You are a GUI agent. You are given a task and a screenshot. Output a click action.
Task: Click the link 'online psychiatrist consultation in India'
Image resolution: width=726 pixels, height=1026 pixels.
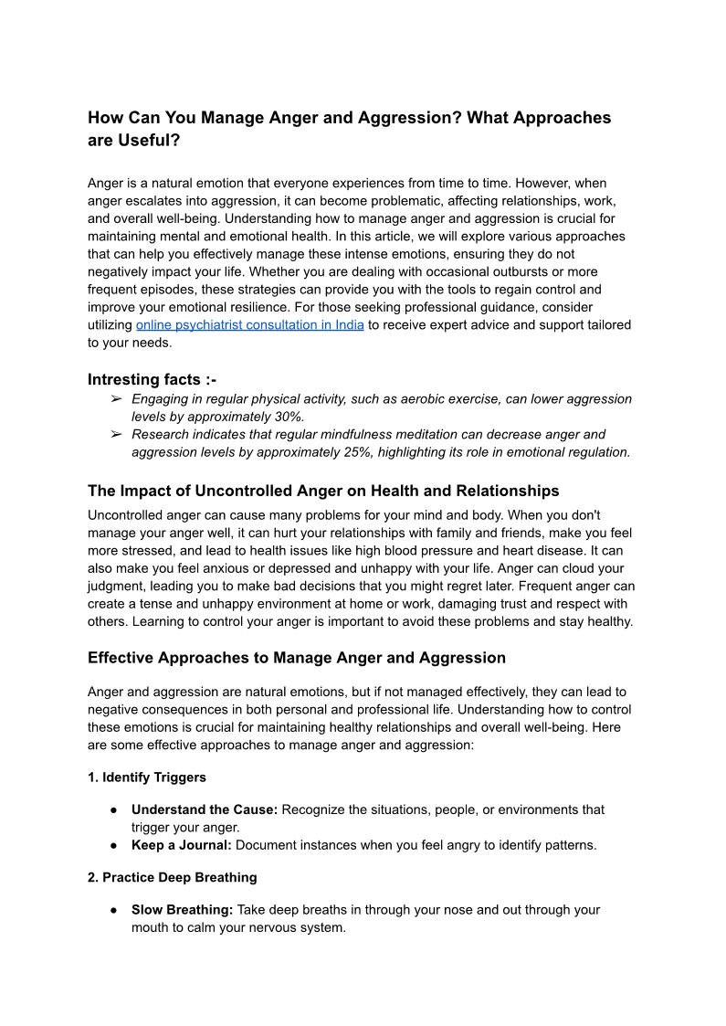pos(250,325)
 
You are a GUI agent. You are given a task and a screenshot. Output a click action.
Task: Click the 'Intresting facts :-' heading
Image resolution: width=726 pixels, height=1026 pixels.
pos(152,379)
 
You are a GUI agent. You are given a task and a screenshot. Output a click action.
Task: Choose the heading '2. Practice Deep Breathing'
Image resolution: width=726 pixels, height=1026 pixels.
pos(173,877)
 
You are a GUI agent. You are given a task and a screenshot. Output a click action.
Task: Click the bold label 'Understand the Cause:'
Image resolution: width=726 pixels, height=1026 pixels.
pos(205,809)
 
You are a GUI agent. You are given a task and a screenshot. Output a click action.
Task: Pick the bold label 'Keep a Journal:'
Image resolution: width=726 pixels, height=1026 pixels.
pos(182,845)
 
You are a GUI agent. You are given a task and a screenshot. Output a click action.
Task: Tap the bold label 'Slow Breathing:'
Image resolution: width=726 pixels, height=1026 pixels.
pos(183,910)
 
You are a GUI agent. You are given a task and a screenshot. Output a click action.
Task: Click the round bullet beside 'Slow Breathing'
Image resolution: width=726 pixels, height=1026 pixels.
pos(113,911)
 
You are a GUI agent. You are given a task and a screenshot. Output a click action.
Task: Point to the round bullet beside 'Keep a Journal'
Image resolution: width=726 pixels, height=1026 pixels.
pos(113,846)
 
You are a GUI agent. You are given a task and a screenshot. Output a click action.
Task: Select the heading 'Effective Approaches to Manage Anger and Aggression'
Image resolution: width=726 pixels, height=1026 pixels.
pos(297,658)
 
